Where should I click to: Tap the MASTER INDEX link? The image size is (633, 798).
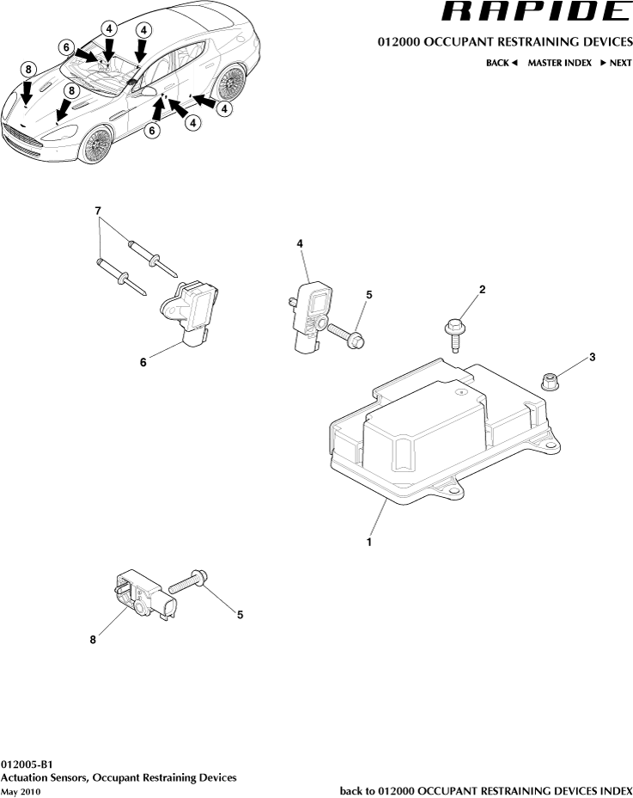click(559, 63)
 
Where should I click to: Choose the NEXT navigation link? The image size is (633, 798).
click(615, 63)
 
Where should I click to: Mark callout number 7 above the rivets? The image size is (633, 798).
click(98, 210)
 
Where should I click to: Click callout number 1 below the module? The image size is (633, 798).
click(368, 543)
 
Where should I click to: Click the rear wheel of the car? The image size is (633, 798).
click(228, 84)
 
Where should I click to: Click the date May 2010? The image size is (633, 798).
click(21, 791)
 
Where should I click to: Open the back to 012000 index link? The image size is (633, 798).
click(486, 790)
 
